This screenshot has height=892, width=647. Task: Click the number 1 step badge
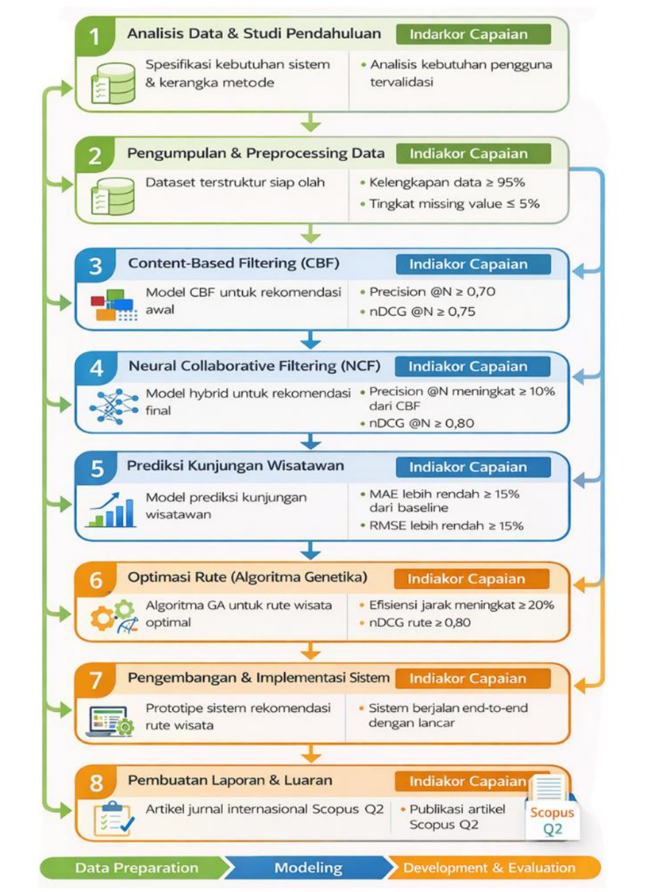95,36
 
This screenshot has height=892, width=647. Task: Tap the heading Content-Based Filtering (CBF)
234,263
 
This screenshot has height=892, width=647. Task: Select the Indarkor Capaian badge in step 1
474,34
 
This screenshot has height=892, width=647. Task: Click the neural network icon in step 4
114,406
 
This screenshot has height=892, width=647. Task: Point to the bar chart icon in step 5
110,510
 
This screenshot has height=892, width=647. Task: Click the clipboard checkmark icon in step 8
114,819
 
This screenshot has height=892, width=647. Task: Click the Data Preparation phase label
136,868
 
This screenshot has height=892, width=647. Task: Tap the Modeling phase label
308,868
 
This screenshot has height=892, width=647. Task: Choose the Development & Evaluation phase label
489,868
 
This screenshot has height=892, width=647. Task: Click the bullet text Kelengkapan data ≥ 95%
447,183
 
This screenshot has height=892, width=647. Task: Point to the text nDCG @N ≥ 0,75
422,311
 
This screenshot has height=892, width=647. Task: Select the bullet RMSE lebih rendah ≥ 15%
446,526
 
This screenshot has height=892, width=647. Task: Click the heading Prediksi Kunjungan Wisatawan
236,466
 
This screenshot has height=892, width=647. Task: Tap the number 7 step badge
96,680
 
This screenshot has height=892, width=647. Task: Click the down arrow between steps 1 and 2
310,122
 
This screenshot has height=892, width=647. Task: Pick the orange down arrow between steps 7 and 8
311,753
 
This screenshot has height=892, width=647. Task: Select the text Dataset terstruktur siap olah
235,183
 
